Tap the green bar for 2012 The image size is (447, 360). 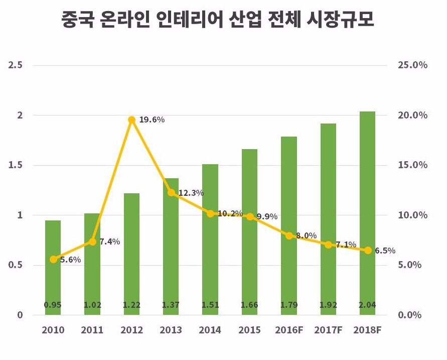click(x=131, y=251)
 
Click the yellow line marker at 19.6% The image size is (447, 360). click(x=131, y=119)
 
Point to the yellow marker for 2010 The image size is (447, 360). click(x=53, y=259)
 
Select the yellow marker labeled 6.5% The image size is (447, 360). click(x=368, y=250)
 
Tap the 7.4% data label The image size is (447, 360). click(x=109, y=242)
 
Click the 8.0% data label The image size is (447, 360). click(x=307, y=235)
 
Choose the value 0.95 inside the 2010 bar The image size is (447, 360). click(x=53, y=305)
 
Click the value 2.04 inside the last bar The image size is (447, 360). click(x=367, y=305)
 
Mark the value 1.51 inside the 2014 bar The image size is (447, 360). click(x=210, y=305)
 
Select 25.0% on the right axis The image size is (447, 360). click(x=412, y=65)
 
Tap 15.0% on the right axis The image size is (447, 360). click(x=412, y=165)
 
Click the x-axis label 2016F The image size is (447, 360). click(x=288, y=330)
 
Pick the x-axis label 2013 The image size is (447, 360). click(x=171, y=330)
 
